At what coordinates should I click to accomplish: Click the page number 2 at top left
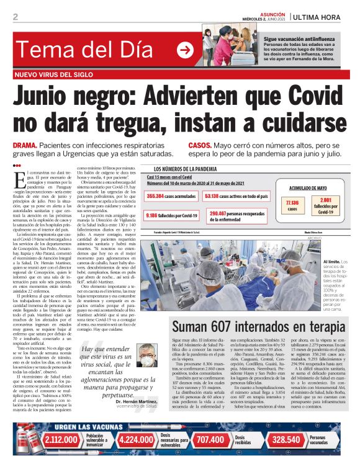click(15, 17)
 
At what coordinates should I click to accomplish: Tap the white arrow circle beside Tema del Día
click(185, 50)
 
